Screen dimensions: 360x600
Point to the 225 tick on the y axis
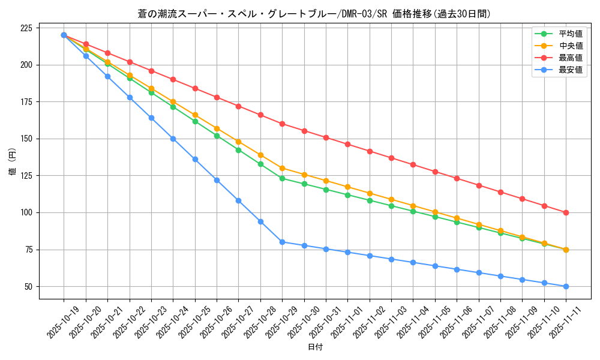(26, 28)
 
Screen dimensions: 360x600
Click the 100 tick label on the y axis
(26, 212)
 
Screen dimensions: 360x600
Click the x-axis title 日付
(315, 347)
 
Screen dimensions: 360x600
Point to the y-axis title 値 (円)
(13, 162)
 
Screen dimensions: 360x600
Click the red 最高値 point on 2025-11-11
(566, 212)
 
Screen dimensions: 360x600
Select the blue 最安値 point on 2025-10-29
(282, 242)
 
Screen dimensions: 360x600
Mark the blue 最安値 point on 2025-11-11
(566, 286)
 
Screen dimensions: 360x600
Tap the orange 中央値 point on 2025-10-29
(282, 168)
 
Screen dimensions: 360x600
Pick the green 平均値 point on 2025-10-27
(238, 150)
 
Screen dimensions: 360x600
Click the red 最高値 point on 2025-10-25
(195, 88)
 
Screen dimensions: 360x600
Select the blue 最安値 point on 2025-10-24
(173, 139)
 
